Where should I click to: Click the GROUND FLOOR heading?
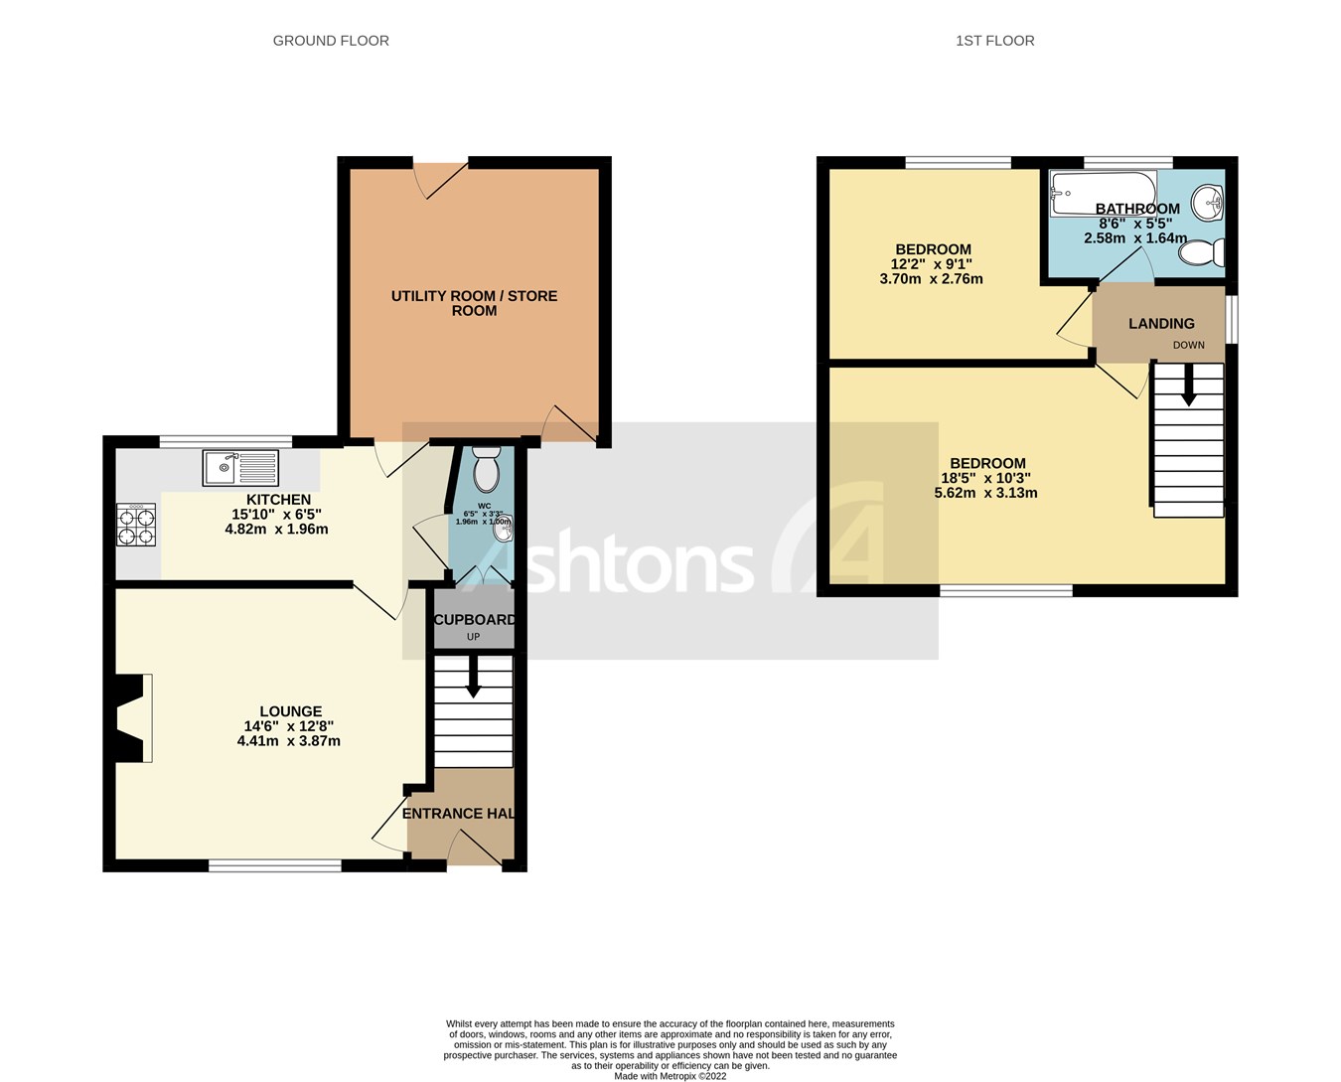331,41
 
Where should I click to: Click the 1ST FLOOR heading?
994,41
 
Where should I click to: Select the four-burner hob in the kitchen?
137,525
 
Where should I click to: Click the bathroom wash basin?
1209,204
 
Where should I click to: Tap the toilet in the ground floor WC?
486,470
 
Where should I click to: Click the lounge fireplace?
131,718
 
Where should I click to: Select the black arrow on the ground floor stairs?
473,680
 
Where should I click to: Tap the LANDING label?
1161,324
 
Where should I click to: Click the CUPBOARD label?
474,620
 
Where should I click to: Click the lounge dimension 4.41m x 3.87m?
289,741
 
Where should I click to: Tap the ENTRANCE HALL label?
459,814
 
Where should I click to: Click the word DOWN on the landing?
1188,346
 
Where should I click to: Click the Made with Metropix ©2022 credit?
670,1076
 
